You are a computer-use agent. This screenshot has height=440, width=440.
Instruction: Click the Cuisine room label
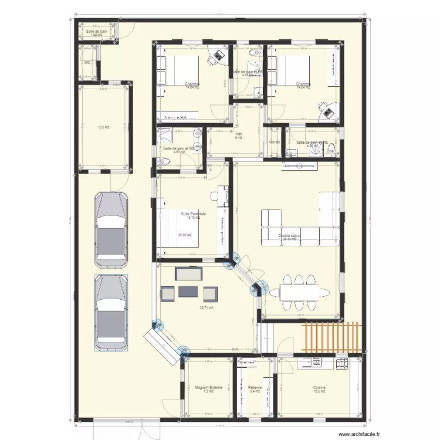(319, 388)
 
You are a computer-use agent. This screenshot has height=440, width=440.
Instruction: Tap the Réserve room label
(255, 388)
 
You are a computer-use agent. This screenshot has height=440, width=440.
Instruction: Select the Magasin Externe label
(208, 388)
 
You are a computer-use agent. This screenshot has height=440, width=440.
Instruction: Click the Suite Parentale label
(194, 214)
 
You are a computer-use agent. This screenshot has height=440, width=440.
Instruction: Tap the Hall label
(239, 134)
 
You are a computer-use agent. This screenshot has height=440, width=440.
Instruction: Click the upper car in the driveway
(111, 226)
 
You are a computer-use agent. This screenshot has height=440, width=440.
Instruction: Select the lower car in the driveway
(111, 313)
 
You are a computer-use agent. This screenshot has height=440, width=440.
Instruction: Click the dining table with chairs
(303, 292)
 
